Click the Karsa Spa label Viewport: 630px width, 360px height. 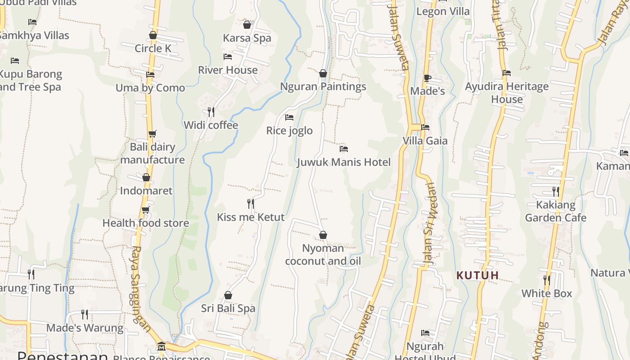point(247,38)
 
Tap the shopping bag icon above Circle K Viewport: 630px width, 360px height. point(153,35)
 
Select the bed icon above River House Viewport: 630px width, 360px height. point(228,57)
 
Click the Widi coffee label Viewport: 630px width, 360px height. point(211,125)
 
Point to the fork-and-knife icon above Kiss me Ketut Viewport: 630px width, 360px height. point(251,204)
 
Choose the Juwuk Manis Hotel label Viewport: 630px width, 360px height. point(344,162)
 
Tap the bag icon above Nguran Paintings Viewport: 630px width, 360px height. point(323,73)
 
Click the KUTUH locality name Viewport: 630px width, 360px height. point(477,275)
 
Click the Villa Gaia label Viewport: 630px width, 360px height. point(425,141)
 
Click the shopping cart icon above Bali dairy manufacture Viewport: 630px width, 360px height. point(153,134)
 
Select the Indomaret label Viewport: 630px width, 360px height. point(146,191)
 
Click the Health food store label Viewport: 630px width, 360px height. point(146,223)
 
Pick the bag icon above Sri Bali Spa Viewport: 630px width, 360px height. point(228,296)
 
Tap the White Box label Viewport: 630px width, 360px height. point(547,294)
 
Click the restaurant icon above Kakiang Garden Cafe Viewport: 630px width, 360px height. point(556,192)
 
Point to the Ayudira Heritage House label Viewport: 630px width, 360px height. point(507,93)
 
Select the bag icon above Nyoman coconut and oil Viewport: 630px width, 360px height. point(323,235)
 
